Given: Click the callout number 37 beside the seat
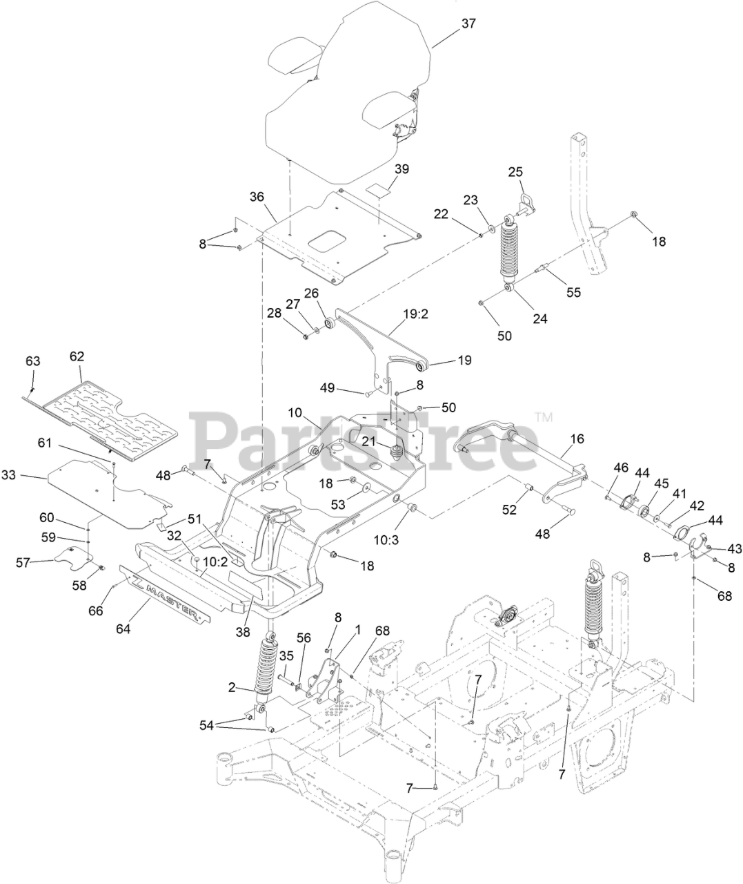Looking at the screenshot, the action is pos(468,23).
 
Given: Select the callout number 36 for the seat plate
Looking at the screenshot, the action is pos(257,197).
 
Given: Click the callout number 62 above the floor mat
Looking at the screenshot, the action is pos(77,356).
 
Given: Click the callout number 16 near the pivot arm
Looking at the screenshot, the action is pos(577,438).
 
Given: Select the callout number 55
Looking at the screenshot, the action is pos(573,292).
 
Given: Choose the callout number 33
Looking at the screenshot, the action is pos(28,475).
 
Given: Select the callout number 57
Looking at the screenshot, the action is pos(23,562).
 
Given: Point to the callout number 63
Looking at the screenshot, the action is pos(33,361).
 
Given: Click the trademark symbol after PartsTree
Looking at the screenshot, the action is pos(543,417).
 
